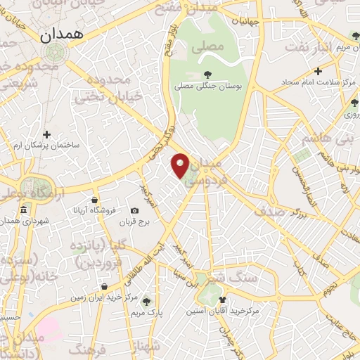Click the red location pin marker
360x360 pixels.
point(181,165)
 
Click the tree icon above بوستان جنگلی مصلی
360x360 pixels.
point(207,74)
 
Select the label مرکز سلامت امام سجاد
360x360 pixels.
point(310,82)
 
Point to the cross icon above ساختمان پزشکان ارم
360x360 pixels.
point(47,134)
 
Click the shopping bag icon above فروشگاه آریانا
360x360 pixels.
point(94,200)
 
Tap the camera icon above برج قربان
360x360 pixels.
point(134,211)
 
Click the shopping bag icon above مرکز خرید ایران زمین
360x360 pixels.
point(103,287)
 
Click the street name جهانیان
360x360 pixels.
point(250,22)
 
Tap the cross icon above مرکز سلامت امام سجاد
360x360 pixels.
point(318,71)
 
